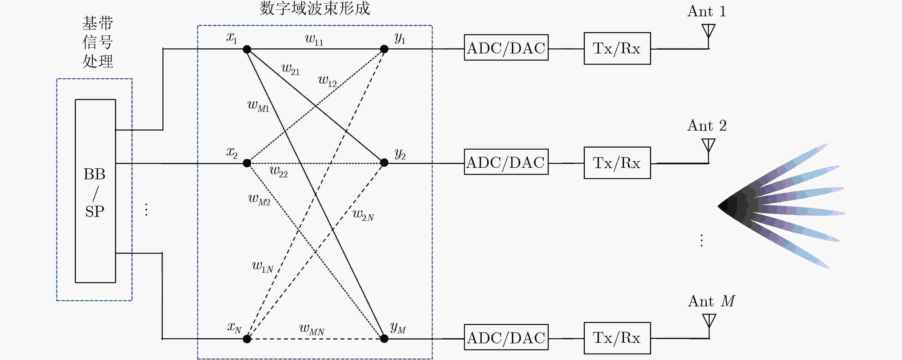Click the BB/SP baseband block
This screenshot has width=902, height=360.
(x=95, y=191)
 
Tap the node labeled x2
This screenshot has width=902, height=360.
(x=247, y=163)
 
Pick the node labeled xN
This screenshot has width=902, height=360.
(x=247, y=339)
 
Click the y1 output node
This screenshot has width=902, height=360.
(x=384, y=49)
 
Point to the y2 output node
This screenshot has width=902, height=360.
(x=384, y=163)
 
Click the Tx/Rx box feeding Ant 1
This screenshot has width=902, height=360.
(x=617, y=48)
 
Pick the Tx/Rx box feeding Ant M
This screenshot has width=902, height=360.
(x=617, y=338)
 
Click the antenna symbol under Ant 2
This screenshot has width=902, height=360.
(x=708, y=151)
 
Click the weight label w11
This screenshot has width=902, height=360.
(x=314, y=40)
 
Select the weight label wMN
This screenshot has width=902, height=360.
(x=312, y=329)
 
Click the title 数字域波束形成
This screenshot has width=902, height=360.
(x=315, y=8)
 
